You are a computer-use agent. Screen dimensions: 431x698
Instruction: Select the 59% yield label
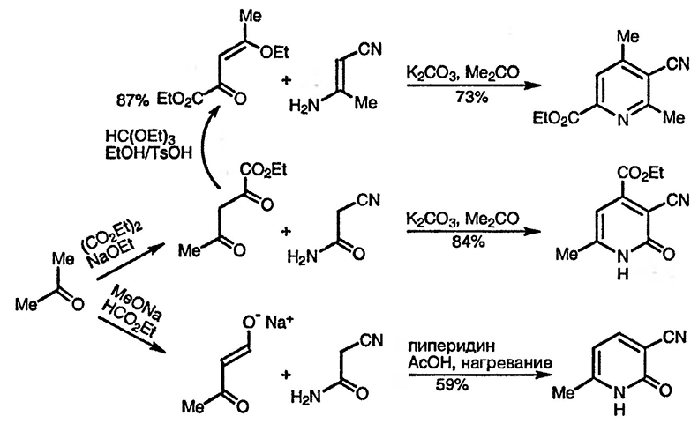(x=449, y=385)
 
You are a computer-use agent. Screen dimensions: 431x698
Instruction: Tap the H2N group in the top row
(x=304, y=105)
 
